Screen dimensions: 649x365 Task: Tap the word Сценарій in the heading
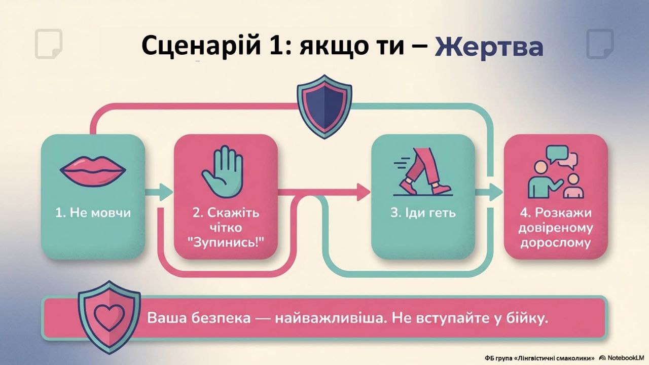(201, 46)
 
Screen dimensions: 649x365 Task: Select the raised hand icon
(223, 172)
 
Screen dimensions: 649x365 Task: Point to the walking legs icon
(423, 172)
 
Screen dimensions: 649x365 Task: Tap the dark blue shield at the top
(324, 106)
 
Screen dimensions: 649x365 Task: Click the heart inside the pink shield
(109, 317)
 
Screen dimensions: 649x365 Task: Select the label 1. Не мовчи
(93, 213)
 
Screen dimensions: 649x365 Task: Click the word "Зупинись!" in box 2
(226, 242)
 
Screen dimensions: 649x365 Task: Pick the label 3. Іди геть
(423, 213)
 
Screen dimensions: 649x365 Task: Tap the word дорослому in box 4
(555, 243)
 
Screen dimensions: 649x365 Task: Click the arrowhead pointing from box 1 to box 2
(166, 192)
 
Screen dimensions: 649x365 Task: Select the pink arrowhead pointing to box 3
(364, 192)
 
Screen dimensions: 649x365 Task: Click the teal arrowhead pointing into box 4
(496, 192)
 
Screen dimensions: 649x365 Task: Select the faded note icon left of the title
(49, 44)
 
